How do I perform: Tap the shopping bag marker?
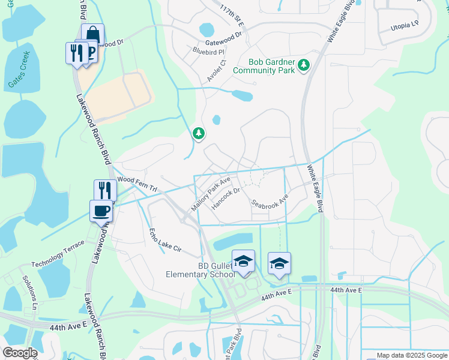(93, 35)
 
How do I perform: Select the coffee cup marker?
(101, 211)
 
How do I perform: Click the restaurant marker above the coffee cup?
(105, 190)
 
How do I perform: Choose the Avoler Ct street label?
(216, 70)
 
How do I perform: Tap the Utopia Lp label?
(405, 26)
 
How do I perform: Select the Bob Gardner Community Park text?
(272, 66)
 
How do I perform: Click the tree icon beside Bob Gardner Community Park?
(304, 64)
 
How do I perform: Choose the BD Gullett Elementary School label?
(200, 270)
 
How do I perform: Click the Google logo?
(20, 353)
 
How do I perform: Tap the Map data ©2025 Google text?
(411, 355)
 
